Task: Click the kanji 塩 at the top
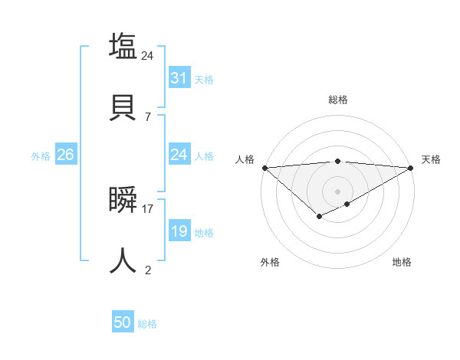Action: (123, 45)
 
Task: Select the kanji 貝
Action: (123, 106)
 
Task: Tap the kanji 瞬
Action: (123, 200)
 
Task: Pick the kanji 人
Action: (123, 260)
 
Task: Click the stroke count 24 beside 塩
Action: (147, 55)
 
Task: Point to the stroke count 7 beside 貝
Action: (147, 116)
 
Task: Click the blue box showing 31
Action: (179, 78)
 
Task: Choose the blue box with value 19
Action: (179, 231)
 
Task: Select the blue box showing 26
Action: (65, 155)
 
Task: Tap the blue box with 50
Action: (122, 323)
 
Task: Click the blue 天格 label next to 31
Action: (204, 79)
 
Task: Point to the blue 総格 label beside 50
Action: (147, 324)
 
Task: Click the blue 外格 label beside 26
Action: (41, 155)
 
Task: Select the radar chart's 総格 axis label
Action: (337, 100)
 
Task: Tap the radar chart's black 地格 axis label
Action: (402, 262)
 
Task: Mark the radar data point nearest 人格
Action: (264, 168)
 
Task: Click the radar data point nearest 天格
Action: (411, 168)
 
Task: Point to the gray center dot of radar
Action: (337, 191)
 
